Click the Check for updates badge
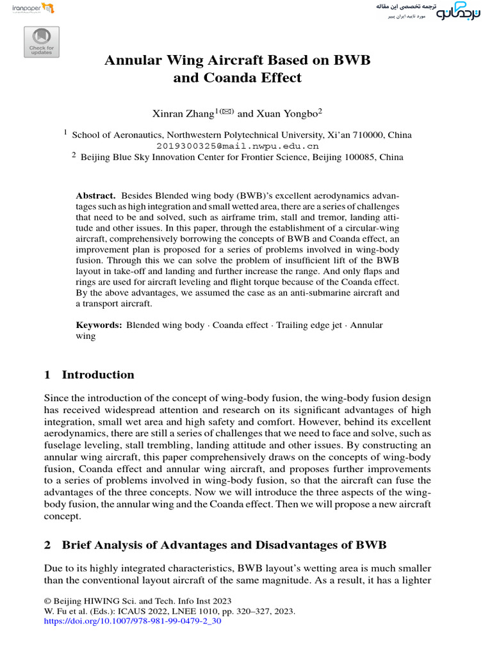(x=42, y=42)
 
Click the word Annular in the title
(x=133, y=61)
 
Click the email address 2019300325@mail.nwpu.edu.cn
(x=237, y=145)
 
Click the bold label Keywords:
(x=99, y=325)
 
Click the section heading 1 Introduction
(x=89, y=375)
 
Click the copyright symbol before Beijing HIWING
(x=47, y=601)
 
